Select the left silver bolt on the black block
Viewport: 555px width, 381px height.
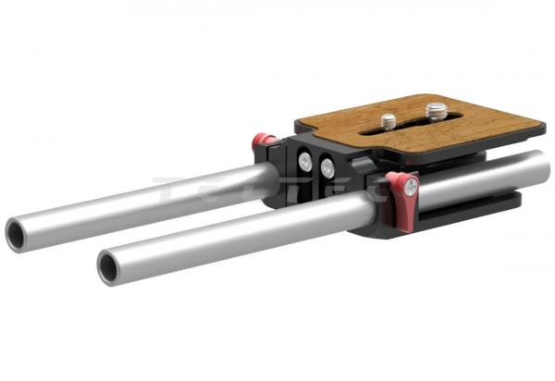305,162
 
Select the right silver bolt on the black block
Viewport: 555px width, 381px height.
327,167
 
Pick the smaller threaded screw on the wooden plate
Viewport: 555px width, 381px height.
389,120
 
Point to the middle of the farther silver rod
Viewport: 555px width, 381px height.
148,199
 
